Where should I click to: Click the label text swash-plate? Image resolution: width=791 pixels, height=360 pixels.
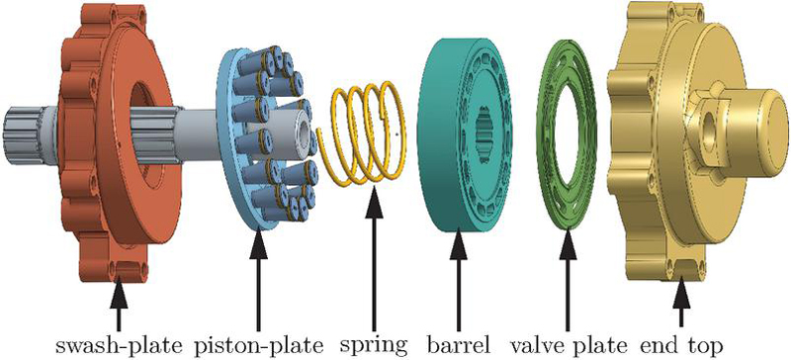tap(118, 346)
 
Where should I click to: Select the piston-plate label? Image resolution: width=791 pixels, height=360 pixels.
tap(259, 346)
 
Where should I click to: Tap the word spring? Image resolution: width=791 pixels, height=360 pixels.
tap(374, 347)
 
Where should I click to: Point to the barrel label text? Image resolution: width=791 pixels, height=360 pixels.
tap(458, 345)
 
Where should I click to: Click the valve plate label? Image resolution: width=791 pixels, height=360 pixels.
tap(569, 346)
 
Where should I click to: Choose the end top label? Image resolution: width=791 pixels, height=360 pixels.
tap(681, 347)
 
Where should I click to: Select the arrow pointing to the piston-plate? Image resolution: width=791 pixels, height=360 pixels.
tap(258, 281)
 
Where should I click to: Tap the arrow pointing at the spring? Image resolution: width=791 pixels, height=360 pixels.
tap(374, 258)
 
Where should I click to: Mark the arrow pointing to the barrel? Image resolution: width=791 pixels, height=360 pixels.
tap(458, 281)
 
